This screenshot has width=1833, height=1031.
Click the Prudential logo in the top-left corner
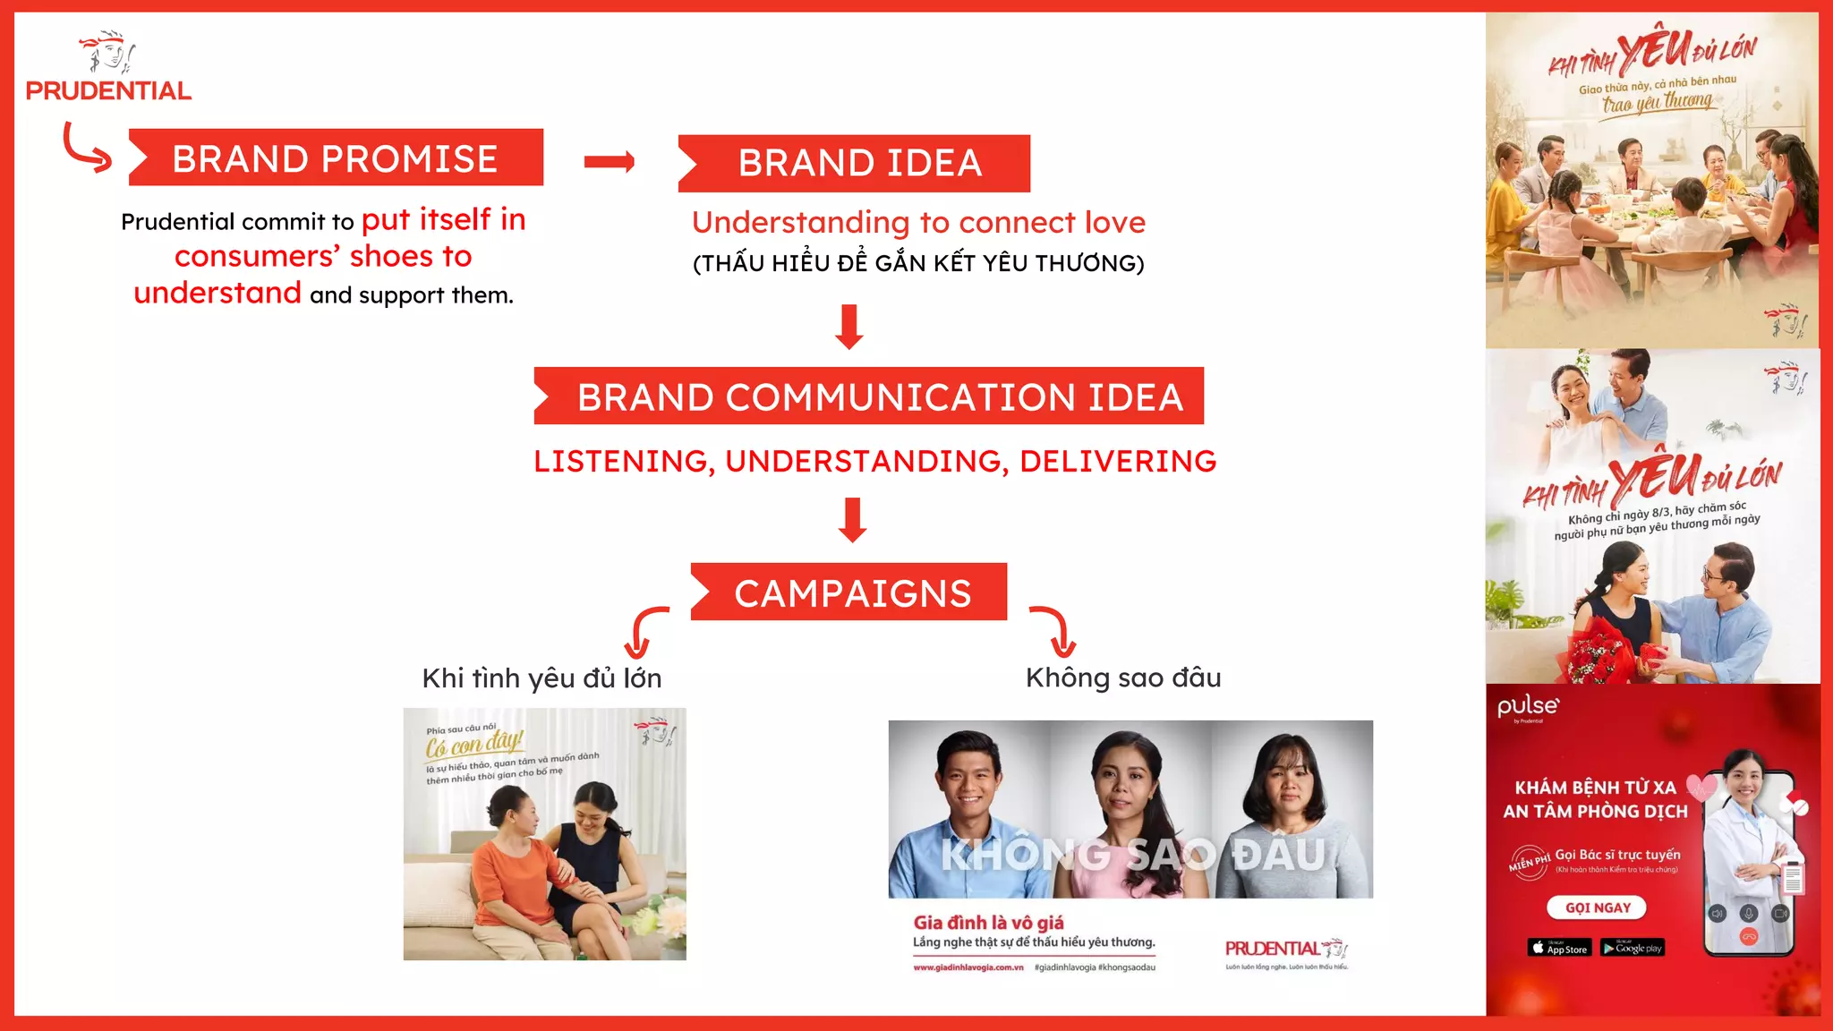[x=108, y=68]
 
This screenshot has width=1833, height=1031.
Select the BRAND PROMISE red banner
[x=336, y=158]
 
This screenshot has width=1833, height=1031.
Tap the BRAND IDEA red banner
[x=855, y=164]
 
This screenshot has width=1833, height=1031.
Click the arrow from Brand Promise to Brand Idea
[x=610, y=162]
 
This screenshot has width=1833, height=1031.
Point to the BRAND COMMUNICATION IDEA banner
[x=869, y=396]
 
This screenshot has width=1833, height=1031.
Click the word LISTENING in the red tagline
[x=623, y=462]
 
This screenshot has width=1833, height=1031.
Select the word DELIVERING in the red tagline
[x=1118, y=462]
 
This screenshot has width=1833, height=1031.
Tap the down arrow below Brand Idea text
[x=849, y=327]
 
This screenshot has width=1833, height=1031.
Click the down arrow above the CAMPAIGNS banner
[x=853, y=520]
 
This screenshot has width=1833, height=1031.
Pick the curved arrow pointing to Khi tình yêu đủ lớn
[x=646, y=631]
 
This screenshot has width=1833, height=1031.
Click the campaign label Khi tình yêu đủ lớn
[x=541, y=678]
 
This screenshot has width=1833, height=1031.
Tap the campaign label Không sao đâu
[x=1123, y=677]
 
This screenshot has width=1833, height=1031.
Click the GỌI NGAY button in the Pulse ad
[x=1597, y=907]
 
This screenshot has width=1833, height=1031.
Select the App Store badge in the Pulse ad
[x=1559, y=948]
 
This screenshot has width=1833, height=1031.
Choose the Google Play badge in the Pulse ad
[x=1632, y=948]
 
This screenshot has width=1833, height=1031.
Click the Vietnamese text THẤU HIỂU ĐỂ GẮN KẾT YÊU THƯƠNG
[x=918, y=263]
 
